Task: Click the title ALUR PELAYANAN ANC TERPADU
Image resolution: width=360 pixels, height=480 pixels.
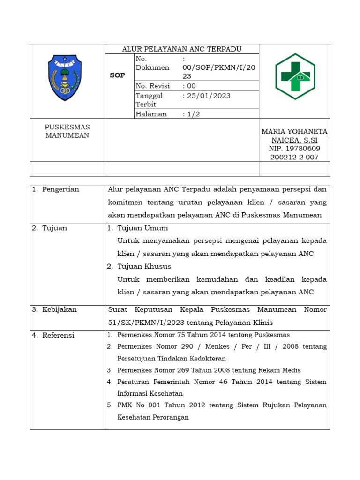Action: (182, 49)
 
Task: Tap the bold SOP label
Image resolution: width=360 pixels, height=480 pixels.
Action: (117, 75)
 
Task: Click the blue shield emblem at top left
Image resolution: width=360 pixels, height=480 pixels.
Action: (65, 78)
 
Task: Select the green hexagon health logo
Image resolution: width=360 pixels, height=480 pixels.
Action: (294, 76)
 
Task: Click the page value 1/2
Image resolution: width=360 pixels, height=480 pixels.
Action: (193, 114)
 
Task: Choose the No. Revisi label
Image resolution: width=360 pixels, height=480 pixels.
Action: (153, 86)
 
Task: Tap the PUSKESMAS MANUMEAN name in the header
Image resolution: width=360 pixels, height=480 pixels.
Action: (67, 131)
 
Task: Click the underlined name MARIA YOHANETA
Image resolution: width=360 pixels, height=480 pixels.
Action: (294, 132)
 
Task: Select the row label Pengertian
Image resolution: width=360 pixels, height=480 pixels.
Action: (60, 189)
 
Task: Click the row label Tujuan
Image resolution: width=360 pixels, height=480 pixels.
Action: (54, 228)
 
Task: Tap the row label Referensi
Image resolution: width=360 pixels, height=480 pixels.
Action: (58, 335)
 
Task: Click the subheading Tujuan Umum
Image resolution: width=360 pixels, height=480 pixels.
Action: (142, 228)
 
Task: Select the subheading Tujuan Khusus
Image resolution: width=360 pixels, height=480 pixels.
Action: (144, 267)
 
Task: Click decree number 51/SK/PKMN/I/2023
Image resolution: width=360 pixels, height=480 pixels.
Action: (149, 322)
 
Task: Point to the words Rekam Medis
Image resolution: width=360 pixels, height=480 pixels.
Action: (280, 370)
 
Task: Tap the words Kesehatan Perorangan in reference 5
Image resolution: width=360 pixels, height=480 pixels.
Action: (153, 417)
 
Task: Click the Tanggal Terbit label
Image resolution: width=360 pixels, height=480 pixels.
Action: (149, 100)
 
